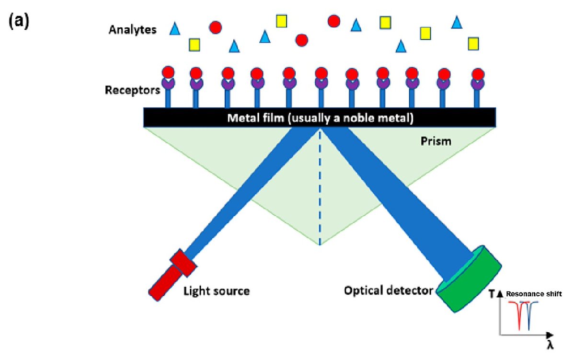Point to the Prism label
click(x=434, y=142)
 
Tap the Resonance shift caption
click(x=534, y=294)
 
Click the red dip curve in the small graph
click(x=519, y=314)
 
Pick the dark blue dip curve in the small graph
click(x=529, y=314)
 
